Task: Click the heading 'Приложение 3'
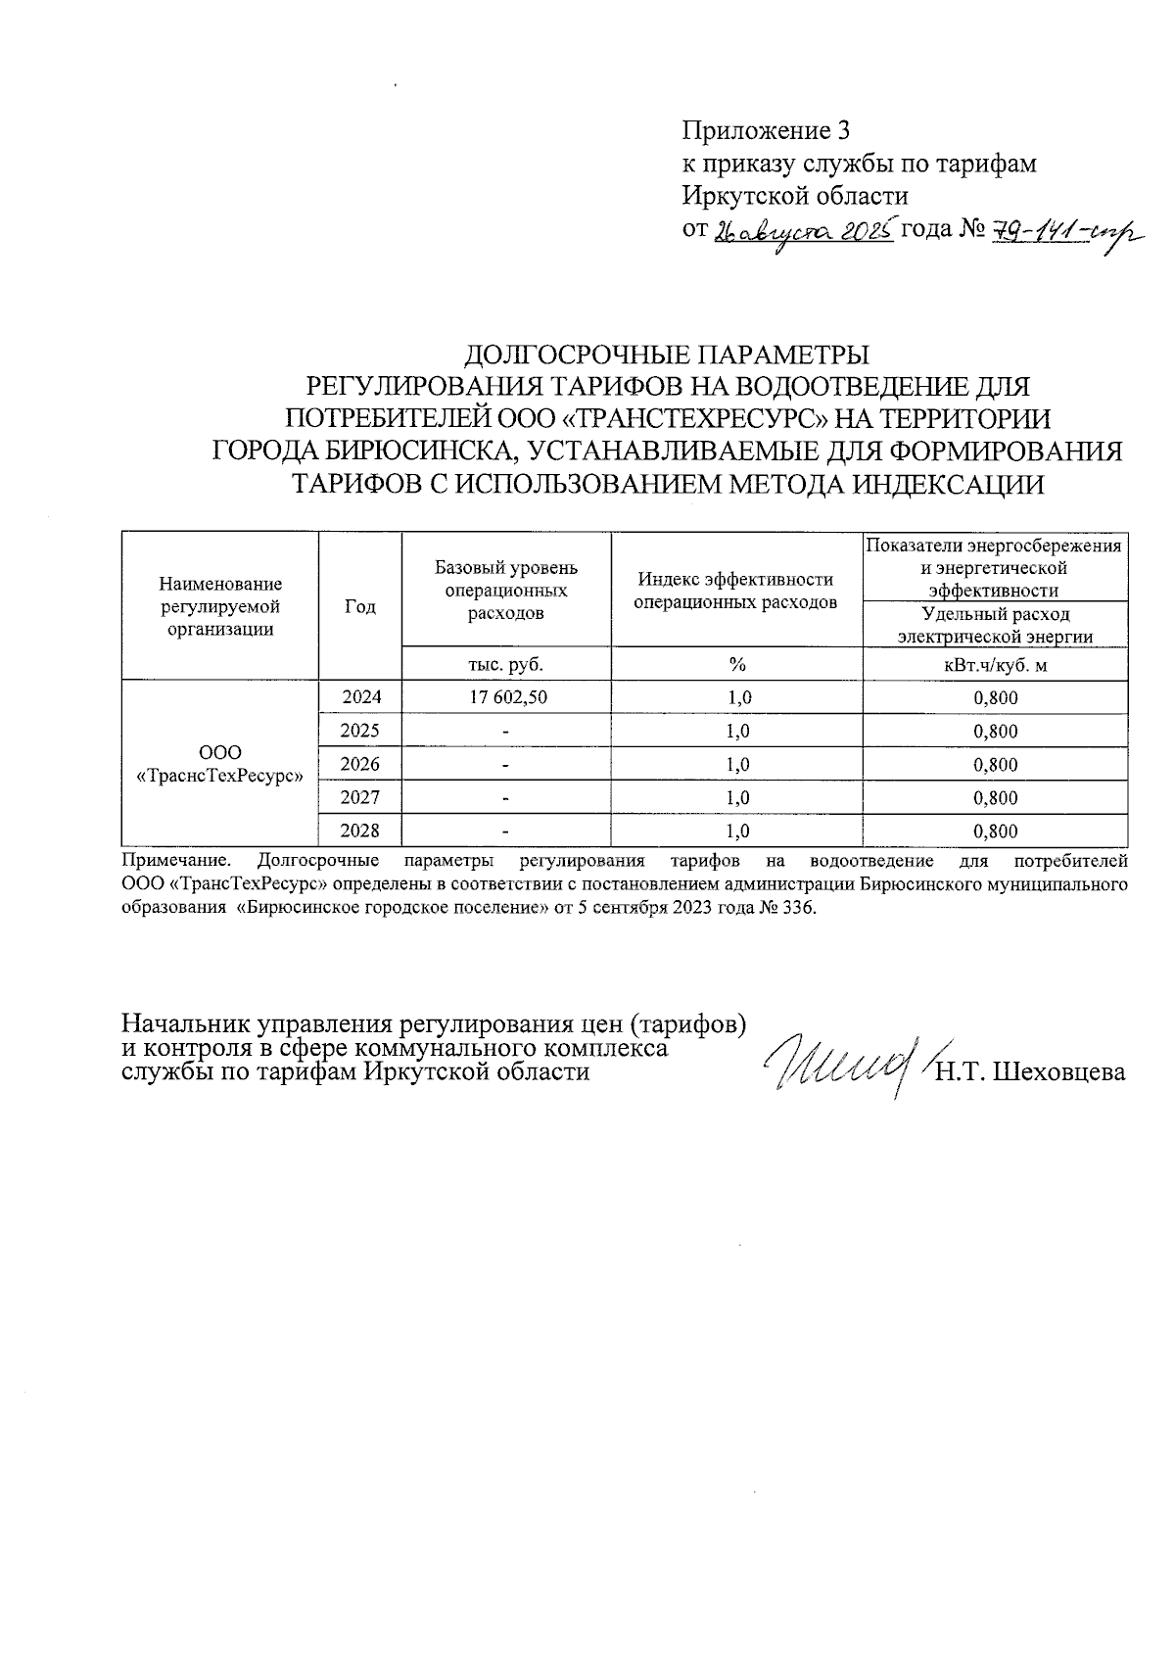pyautogui.click(x=767, y=131)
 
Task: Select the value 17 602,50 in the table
pyautogui.click(x=506, y=697)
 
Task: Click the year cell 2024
pyautogui.click(x=360, y=697)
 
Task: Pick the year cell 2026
pyautogui.click(x=360, y=764)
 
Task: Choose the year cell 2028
pyautogui.click(x=360, y=831)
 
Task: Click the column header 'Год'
pyautogui.click(x=360, y=607)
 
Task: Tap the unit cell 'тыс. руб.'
pyautogui.click(x=506, y=665)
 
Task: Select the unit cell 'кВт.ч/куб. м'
pyautogui.click(x=995, y=665)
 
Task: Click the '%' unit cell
pyautogui.click(x=736, y=665)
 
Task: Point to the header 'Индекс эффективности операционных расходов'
pyautogui.click(x=736, y=591)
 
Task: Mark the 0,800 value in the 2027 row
pyautogui.click(x=995, y=798)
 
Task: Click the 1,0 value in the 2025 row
pyautogui.click(x=736, y=731)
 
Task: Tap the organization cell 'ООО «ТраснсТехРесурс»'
pyautogui.click(x=219, y=764)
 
